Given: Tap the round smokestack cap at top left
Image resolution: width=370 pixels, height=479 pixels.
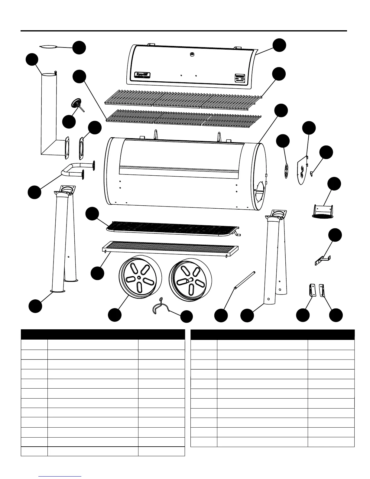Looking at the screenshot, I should tap(48, 47).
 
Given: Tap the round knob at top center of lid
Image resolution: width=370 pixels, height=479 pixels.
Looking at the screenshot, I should tap(192, 54).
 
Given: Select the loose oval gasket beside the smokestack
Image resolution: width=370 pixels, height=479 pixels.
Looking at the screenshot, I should tap(81, 148).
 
